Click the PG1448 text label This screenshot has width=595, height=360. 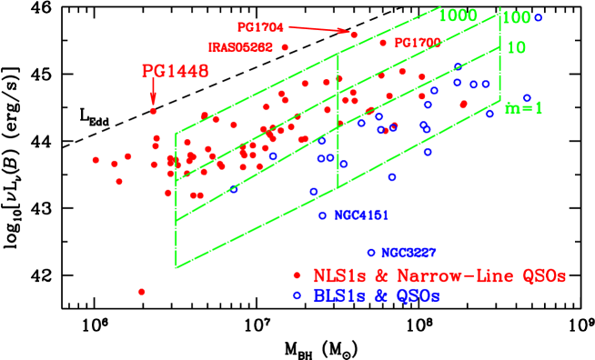coord(175,71)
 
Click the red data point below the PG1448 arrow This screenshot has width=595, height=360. coord(154,111)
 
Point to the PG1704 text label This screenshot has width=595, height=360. coord(262,27)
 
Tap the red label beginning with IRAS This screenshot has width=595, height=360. coord(240,46)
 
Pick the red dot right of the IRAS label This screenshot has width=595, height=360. coord(285,46)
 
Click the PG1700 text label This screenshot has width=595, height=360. coord(418,43)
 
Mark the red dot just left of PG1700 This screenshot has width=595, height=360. coord(383,43)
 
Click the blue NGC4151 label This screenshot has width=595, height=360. coord(362,215)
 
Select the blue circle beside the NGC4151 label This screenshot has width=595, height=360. coord(322,215)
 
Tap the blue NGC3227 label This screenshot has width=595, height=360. coord(408,252)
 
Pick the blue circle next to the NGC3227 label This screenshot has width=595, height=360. coord(370,252)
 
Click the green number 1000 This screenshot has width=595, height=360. coord(458,15)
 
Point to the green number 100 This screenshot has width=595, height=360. coord(516,17)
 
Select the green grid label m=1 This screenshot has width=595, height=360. coord(524,108)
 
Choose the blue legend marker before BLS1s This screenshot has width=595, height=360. coord(297,295)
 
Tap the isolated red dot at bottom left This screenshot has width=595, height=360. coord(141,292)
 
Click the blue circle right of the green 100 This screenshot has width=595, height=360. coord(538,17)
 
